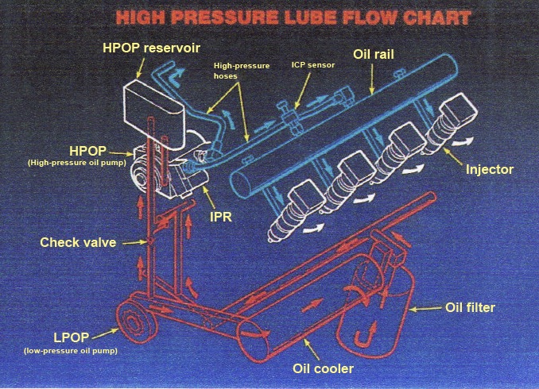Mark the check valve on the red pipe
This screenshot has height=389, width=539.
[x=149, y=241]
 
